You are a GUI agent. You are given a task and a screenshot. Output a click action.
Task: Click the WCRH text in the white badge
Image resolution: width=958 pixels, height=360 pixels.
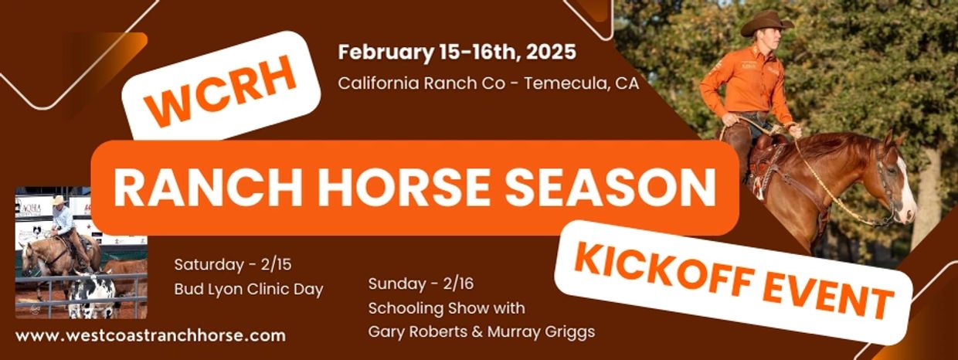click(221, 90)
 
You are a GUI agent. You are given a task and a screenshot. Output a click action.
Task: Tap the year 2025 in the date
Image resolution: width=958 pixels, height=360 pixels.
click(552, 53)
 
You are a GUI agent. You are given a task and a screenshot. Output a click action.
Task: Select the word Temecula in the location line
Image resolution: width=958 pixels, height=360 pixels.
click(566, 83)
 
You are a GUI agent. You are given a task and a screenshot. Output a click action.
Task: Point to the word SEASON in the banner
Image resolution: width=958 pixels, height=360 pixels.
click(610, 188)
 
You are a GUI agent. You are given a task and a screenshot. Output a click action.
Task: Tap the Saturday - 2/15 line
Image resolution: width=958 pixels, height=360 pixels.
click(233, 265)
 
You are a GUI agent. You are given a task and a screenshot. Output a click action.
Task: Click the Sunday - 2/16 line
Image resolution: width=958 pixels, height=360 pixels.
click(421, 284)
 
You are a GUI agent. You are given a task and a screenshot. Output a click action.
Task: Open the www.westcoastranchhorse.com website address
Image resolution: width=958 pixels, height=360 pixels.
click(151, 335)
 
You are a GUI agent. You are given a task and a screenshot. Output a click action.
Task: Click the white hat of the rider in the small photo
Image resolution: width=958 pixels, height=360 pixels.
click(59, 199)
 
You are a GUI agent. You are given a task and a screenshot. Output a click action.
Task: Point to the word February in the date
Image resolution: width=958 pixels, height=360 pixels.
click(386, 53)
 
